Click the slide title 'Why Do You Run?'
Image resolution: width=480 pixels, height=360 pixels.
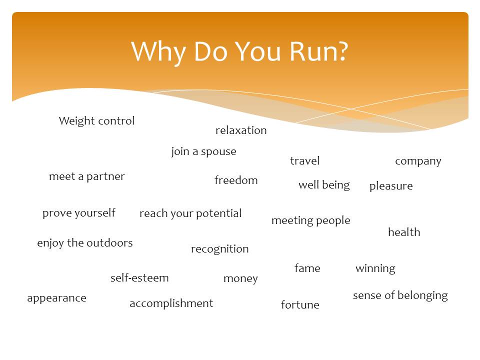pos(239,52)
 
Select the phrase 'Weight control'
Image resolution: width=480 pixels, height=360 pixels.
pos(96,120)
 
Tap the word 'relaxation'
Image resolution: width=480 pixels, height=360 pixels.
pos(241,130)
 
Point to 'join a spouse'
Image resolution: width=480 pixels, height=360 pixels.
pos(204,151)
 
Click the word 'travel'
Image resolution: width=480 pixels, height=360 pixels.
pos(305,160)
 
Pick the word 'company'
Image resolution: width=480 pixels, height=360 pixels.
pos(418,161)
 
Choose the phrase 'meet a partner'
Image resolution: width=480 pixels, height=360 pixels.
pos(87,176)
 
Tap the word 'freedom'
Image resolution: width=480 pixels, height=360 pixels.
pos(236,180)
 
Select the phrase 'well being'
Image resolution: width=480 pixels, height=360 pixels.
pos(324,185)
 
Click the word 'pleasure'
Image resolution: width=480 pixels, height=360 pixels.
pos(391,186)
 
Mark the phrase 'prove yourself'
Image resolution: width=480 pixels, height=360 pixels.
pos(79,213)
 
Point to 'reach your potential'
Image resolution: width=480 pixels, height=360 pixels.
pos(190,213)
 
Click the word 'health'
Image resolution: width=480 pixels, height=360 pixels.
pos(404,232)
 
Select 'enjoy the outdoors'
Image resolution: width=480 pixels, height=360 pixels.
pos(85,243)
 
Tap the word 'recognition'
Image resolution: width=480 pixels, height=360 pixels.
pos(220,249)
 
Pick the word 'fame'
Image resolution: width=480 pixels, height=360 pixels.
pos(307,268)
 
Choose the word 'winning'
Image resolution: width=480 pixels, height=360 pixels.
pos(375,269)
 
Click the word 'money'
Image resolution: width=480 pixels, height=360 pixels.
pos(240,279)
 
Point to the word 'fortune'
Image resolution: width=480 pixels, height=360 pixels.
pos(300,304)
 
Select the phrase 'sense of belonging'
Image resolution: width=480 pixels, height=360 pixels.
pos(400,295)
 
